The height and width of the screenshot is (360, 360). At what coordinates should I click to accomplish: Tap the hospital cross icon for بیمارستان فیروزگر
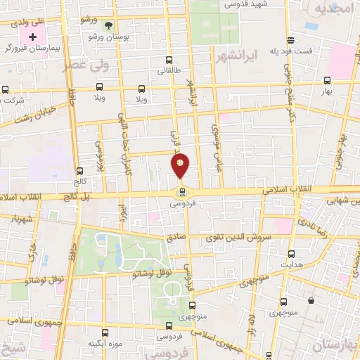[32, 35]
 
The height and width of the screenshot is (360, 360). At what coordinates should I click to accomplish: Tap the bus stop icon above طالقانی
[168, 60]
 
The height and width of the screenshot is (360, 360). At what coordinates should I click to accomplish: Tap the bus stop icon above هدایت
[290, 252]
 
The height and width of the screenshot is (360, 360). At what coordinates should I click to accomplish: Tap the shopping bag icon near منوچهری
[310, 301]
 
